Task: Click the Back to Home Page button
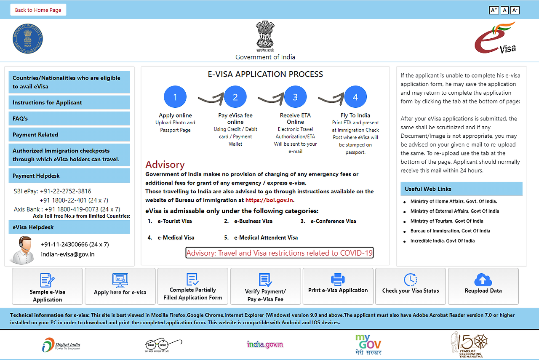pos(38,10)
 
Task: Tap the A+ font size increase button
pos(494,10)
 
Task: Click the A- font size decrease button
pos(515,10)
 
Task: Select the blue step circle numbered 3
pos(295,97)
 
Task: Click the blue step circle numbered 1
pos(175,97)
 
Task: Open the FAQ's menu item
pos(69,119)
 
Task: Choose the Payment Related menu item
pos(69,135)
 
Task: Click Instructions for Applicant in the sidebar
pos(69,103)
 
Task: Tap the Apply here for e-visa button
pos(120,286)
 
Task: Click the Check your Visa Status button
pos(411,286)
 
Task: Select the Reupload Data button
pos(483,286)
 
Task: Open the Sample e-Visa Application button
pos(48,286)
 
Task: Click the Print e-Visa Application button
pos(338,286)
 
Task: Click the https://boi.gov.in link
pos(269,200)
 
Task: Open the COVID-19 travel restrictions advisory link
pos(280,253)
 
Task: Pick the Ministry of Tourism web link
pos(447,221)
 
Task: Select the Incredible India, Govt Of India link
pos(442,241)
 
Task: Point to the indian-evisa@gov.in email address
pos(67,254)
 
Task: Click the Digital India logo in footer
pos(61,344)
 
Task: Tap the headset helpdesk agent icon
pos(22,250)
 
